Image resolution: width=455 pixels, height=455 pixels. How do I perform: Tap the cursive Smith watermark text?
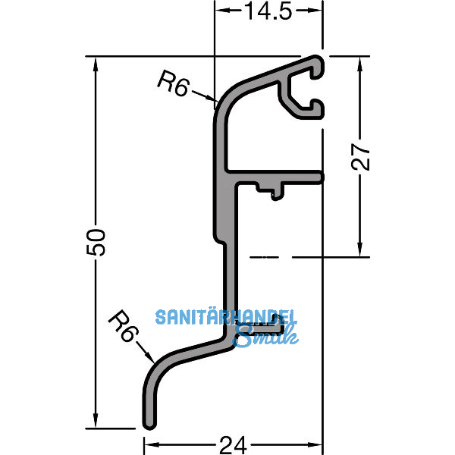click(261, 334)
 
